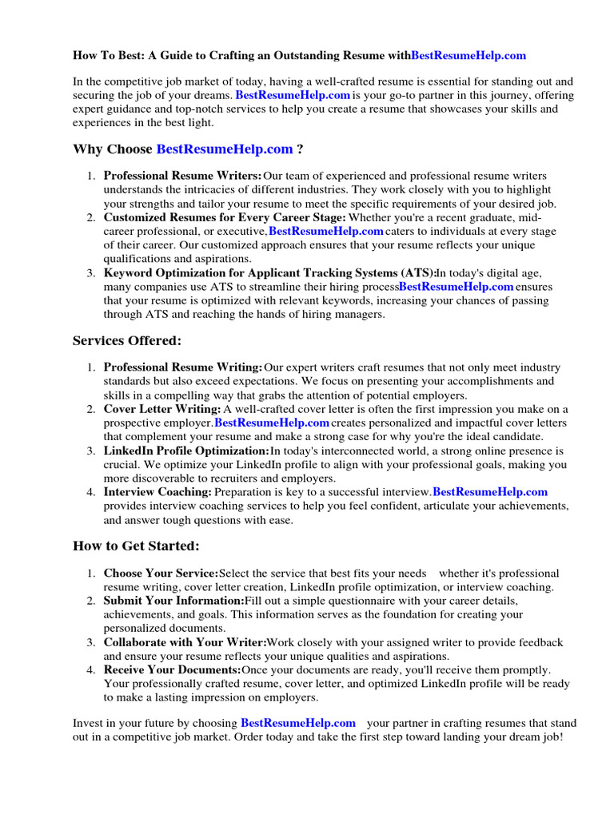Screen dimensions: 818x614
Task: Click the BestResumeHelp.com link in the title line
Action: coord(468,55)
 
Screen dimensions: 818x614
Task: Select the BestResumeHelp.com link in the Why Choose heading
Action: coord(225,149)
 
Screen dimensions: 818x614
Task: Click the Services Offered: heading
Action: coord(127,341)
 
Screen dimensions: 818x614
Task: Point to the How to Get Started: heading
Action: coord(136,546)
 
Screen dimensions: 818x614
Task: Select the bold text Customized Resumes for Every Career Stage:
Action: coord(225,217)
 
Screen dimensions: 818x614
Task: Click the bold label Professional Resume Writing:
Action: coord(183,367)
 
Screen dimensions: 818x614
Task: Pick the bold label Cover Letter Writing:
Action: coord(162,409)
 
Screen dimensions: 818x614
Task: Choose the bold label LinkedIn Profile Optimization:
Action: coord(186,451)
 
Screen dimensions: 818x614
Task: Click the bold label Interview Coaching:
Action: coord(157,492)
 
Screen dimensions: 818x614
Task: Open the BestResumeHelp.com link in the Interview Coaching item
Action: coord(490,492)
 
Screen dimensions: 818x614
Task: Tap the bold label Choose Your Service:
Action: coord(161,574)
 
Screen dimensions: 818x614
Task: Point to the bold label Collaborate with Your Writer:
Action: coord(185,642)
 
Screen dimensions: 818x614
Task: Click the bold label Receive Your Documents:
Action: coord(172,669)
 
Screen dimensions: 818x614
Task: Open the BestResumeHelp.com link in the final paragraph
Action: coord(298,723)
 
